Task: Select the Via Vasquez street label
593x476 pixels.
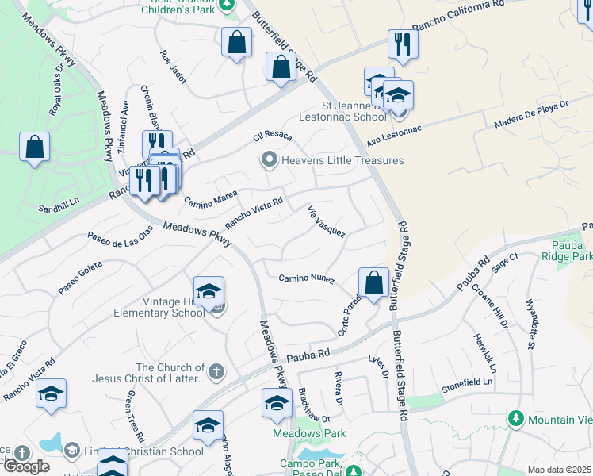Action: pyautogui.click(x=326, y=221)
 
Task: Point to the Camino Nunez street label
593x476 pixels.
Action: pyautogui.click(x=306, y=278)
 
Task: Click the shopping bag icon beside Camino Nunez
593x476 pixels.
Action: pyautogui.click(x=373, y=282)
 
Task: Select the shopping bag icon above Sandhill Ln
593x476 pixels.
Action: pyautogui.click(x=34, y=147)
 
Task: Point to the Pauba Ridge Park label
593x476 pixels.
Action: pyautogui.click(x=568, y=251)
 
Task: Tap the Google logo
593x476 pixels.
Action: pyautogui.click(x=26, y=466)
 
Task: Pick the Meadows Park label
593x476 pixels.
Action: pyautogui.click(x=309, y=434)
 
